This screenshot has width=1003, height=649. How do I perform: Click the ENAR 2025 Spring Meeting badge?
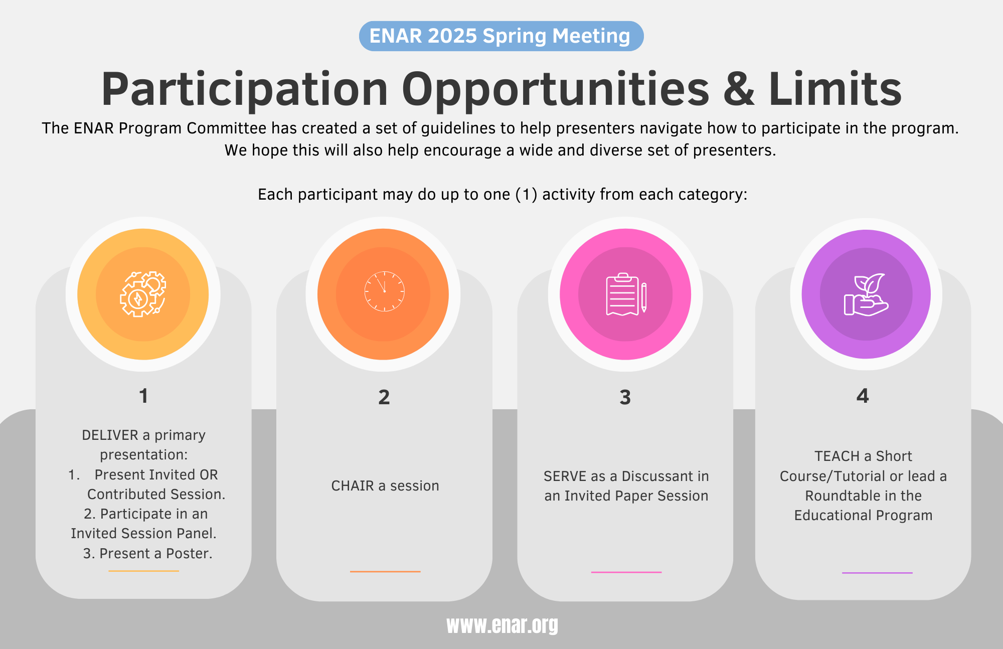(501, 36)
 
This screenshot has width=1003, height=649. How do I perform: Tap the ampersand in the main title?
(739, 89)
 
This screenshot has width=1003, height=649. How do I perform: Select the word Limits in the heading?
(835, 89)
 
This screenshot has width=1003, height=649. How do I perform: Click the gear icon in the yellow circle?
(143, 294)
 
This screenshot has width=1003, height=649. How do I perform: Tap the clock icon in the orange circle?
(384, 291)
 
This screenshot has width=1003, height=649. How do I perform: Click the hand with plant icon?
(866, 294)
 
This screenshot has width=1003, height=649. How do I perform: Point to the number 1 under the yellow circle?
(144, 396)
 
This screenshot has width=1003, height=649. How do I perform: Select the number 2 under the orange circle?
(384, 397)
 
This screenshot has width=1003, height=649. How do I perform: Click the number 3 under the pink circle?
(625, 397)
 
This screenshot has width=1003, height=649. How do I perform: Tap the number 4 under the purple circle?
(863, 396)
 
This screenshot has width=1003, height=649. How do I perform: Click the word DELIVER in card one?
(110, 435)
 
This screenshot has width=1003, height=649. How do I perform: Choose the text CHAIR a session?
(385, 485)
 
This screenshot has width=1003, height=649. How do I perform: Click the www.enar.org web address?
(502, 625)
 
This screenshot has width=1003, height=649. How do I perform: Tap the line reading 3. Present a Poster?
(148, 553)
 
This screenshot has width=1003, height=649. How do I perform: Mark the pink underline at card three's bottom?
(626, 572)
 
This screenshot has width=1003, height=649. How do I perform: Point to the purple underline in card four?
(877, 572)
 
